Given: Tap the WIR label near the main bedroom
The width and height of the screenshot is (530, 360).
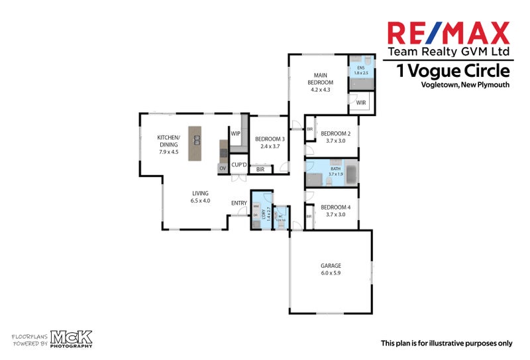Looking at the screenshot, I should coord(361,103).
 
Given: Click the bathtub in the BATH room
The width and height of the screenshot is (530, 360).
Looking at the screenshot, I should coord(349,176).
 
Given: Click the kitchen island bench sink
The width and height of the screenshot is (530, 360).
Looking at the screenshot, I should coord(196,139).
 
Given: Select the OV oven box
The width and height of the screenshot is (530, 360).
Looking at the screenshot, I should coord(222,168).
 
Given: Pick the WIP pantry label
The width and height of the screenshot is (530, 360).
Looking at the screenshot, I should coord(235,133).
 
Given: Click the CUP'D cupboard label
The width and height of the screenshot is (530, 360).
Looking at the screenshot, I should coord(238,164).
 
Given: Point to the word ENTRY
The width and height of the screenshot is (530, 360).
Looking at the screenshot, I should coord(238,203).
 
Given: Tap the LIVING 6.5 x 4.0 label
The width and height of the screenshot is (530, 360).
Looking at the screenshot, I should coord(200,197).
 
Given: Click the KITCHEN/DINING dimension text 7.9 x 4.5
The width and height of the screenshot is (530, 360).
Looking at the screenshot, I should coord(168,152).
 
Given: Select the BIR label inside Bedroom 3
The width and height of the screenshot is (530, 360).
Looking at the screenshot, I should coord(260,170).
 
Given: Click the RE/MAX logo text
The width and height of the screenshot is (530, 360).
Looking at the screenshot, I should coord(448,33).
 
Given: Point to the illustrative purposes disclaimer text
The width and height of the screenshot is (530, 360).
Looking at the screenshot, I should coord(446,343).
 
